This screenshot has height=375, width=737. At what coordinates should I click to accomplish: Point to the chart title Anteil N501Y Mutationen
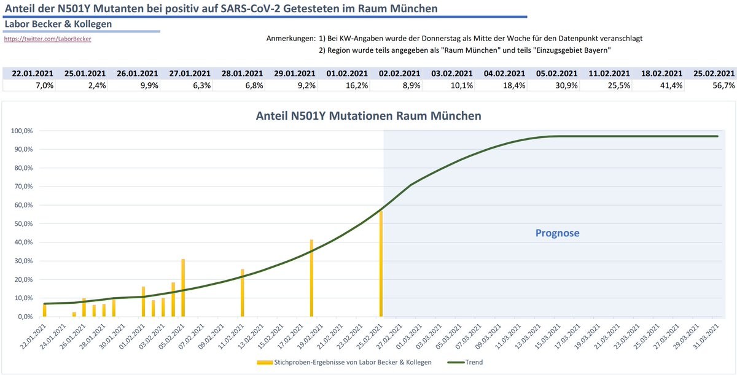[x=368, y=115]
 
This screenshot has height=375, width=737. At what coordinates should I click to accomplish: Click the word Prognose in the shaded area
[x=557, y=233]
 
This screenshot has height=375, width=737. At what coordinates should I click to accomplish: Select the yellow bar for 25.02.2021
[x=381, y=264]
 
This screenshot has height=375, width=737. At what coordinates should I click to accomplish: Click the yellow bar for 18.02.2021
[x=311, y=278]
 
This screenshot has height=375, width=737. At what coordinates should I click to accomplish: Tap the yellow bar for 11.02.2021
[x=242, y=293]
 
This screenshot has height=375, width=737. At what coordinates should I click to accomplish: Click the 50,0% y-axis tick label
[x=25, y=223]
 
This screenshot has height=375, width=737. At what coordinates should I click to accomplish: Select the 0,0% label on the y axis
[x=26, y=317]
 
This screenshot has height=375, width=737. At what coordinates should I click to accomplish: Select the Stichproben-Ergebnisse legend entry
[x=344, y=362]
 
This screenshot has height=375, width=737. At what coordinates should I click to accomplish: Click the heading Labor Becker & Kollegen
[x=58, y=24]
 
